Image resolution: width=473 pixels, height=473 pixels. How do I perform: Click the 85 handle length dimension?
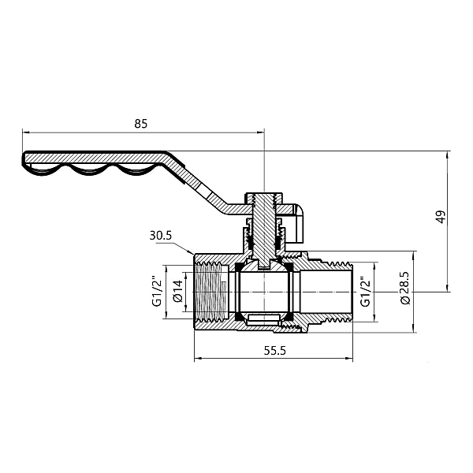pos(142,124)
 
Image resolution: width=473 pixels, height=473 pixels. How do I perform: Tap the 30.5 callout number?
pos(159,235)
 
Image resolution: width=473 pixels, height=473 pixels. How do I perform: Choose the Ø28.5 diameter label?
pos(404,291)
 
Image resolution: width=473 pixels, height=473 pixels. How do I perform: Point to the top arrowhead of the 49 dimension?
pos(449,155)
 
